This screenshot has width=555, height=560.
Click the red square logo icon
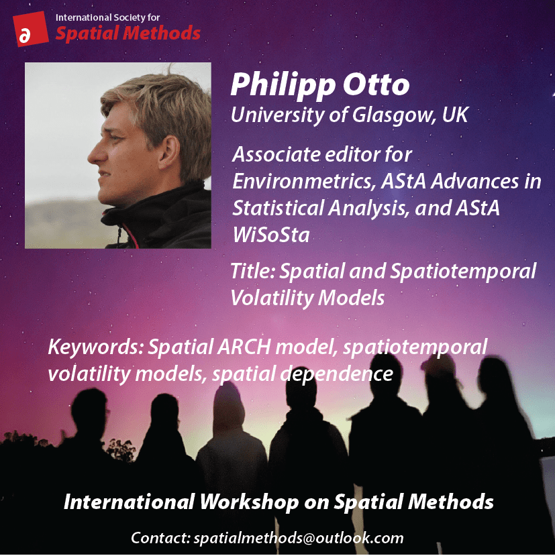[31, 29]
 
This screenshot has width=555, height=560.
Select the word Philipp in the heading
[283, 86]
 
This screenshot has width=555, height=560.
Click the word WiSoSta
[271, 235]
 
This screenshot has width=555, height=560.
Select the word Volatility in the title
[271, 298]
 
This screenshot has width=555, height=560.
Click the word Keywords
[95, 347]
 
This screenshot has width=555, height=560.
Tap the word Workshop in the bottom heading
[249, 502]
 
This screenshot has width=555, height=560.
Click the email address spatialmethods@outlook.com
[299, 538]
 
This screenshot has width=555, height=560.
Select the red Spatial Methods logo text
[128, 34]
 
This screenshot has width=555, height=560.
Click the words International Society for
[107, 17]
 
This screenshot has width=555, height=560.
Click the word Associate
[276, 155]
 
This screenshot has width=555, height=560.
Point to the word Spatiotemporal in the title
[463, 272]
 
